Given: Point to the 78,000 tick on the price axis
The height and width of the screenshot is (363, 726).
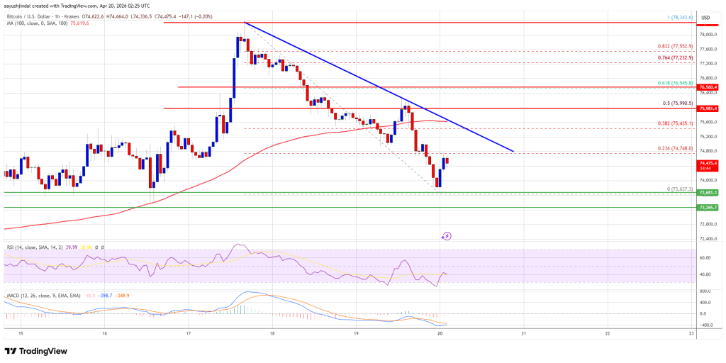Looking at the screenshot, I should pyautogui.click(x=707, y=34).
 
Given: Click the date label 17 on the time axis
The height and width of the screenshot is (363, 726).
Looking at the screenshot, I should pyautogui.click(x=189, y=333).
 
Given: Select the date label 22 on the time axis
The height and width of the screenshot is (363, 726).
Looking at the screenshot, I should pyautogui.click(x=608, y=333).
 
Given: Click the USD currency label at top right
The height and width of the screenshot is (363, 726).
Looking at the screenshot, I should pyautogui.click(x=706, y=17).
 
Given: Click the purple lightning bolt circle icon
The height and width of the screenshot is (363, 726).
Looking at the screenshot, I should pyautogui.click(x=447, y=236).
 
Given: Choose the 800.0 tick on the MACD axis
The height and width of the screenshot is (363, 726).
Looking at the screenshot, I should pyautogui.click(x=705, y=291).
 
